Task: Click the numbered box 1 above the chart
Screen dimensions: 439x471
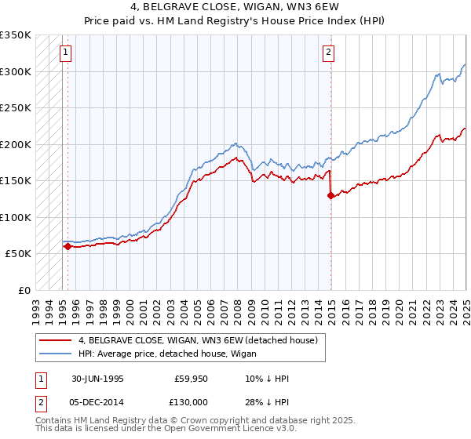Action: (64, 53)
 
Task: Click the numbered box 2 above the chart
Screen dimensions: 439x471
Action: (328, 53)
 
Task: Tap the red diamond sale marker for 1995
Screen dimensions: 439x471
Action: (68, 246)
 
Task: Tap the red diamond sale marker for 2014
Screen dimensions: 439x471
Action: (330, 196)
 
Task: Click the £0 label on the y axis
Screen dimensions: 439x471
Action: (24, 290)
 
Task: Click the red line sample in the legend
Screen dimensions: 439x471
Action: (56, 340)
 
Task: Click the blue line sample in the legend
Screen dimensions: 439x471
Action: (56, 354)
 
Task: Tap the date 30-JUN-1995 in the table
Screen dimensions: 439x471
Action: (97, 379)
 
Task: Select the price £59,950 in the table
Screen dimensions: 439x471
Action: (192, 379)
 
